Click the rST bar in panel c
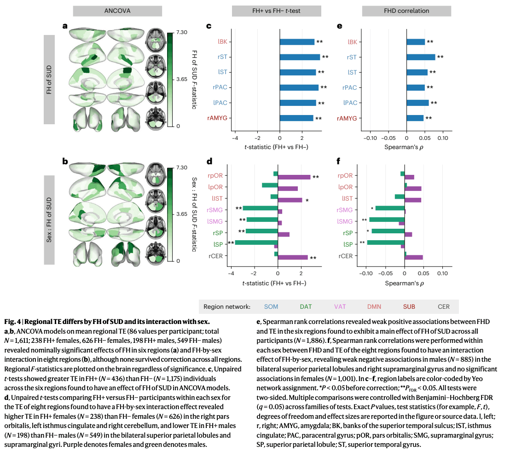click(300, 57)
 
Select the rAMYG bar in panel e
click(415, 118)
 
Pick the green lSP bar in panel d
click(256, 242)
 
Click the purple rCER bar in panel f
click(414, 257)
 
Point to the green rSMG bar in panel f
click(390, 208)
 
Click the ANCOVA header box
click(117, 11)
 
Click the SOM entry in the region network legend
click(271, 306)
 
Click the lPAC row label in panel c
click(224, 103)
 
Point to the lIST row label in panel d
click(218, 198)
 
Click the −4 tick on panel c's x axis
click(235, 138)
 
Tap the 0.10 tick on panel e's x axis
click(442, 138)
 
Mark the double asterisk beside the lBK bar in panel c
click(319, 42)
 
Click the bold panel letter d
click(209, 162)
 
